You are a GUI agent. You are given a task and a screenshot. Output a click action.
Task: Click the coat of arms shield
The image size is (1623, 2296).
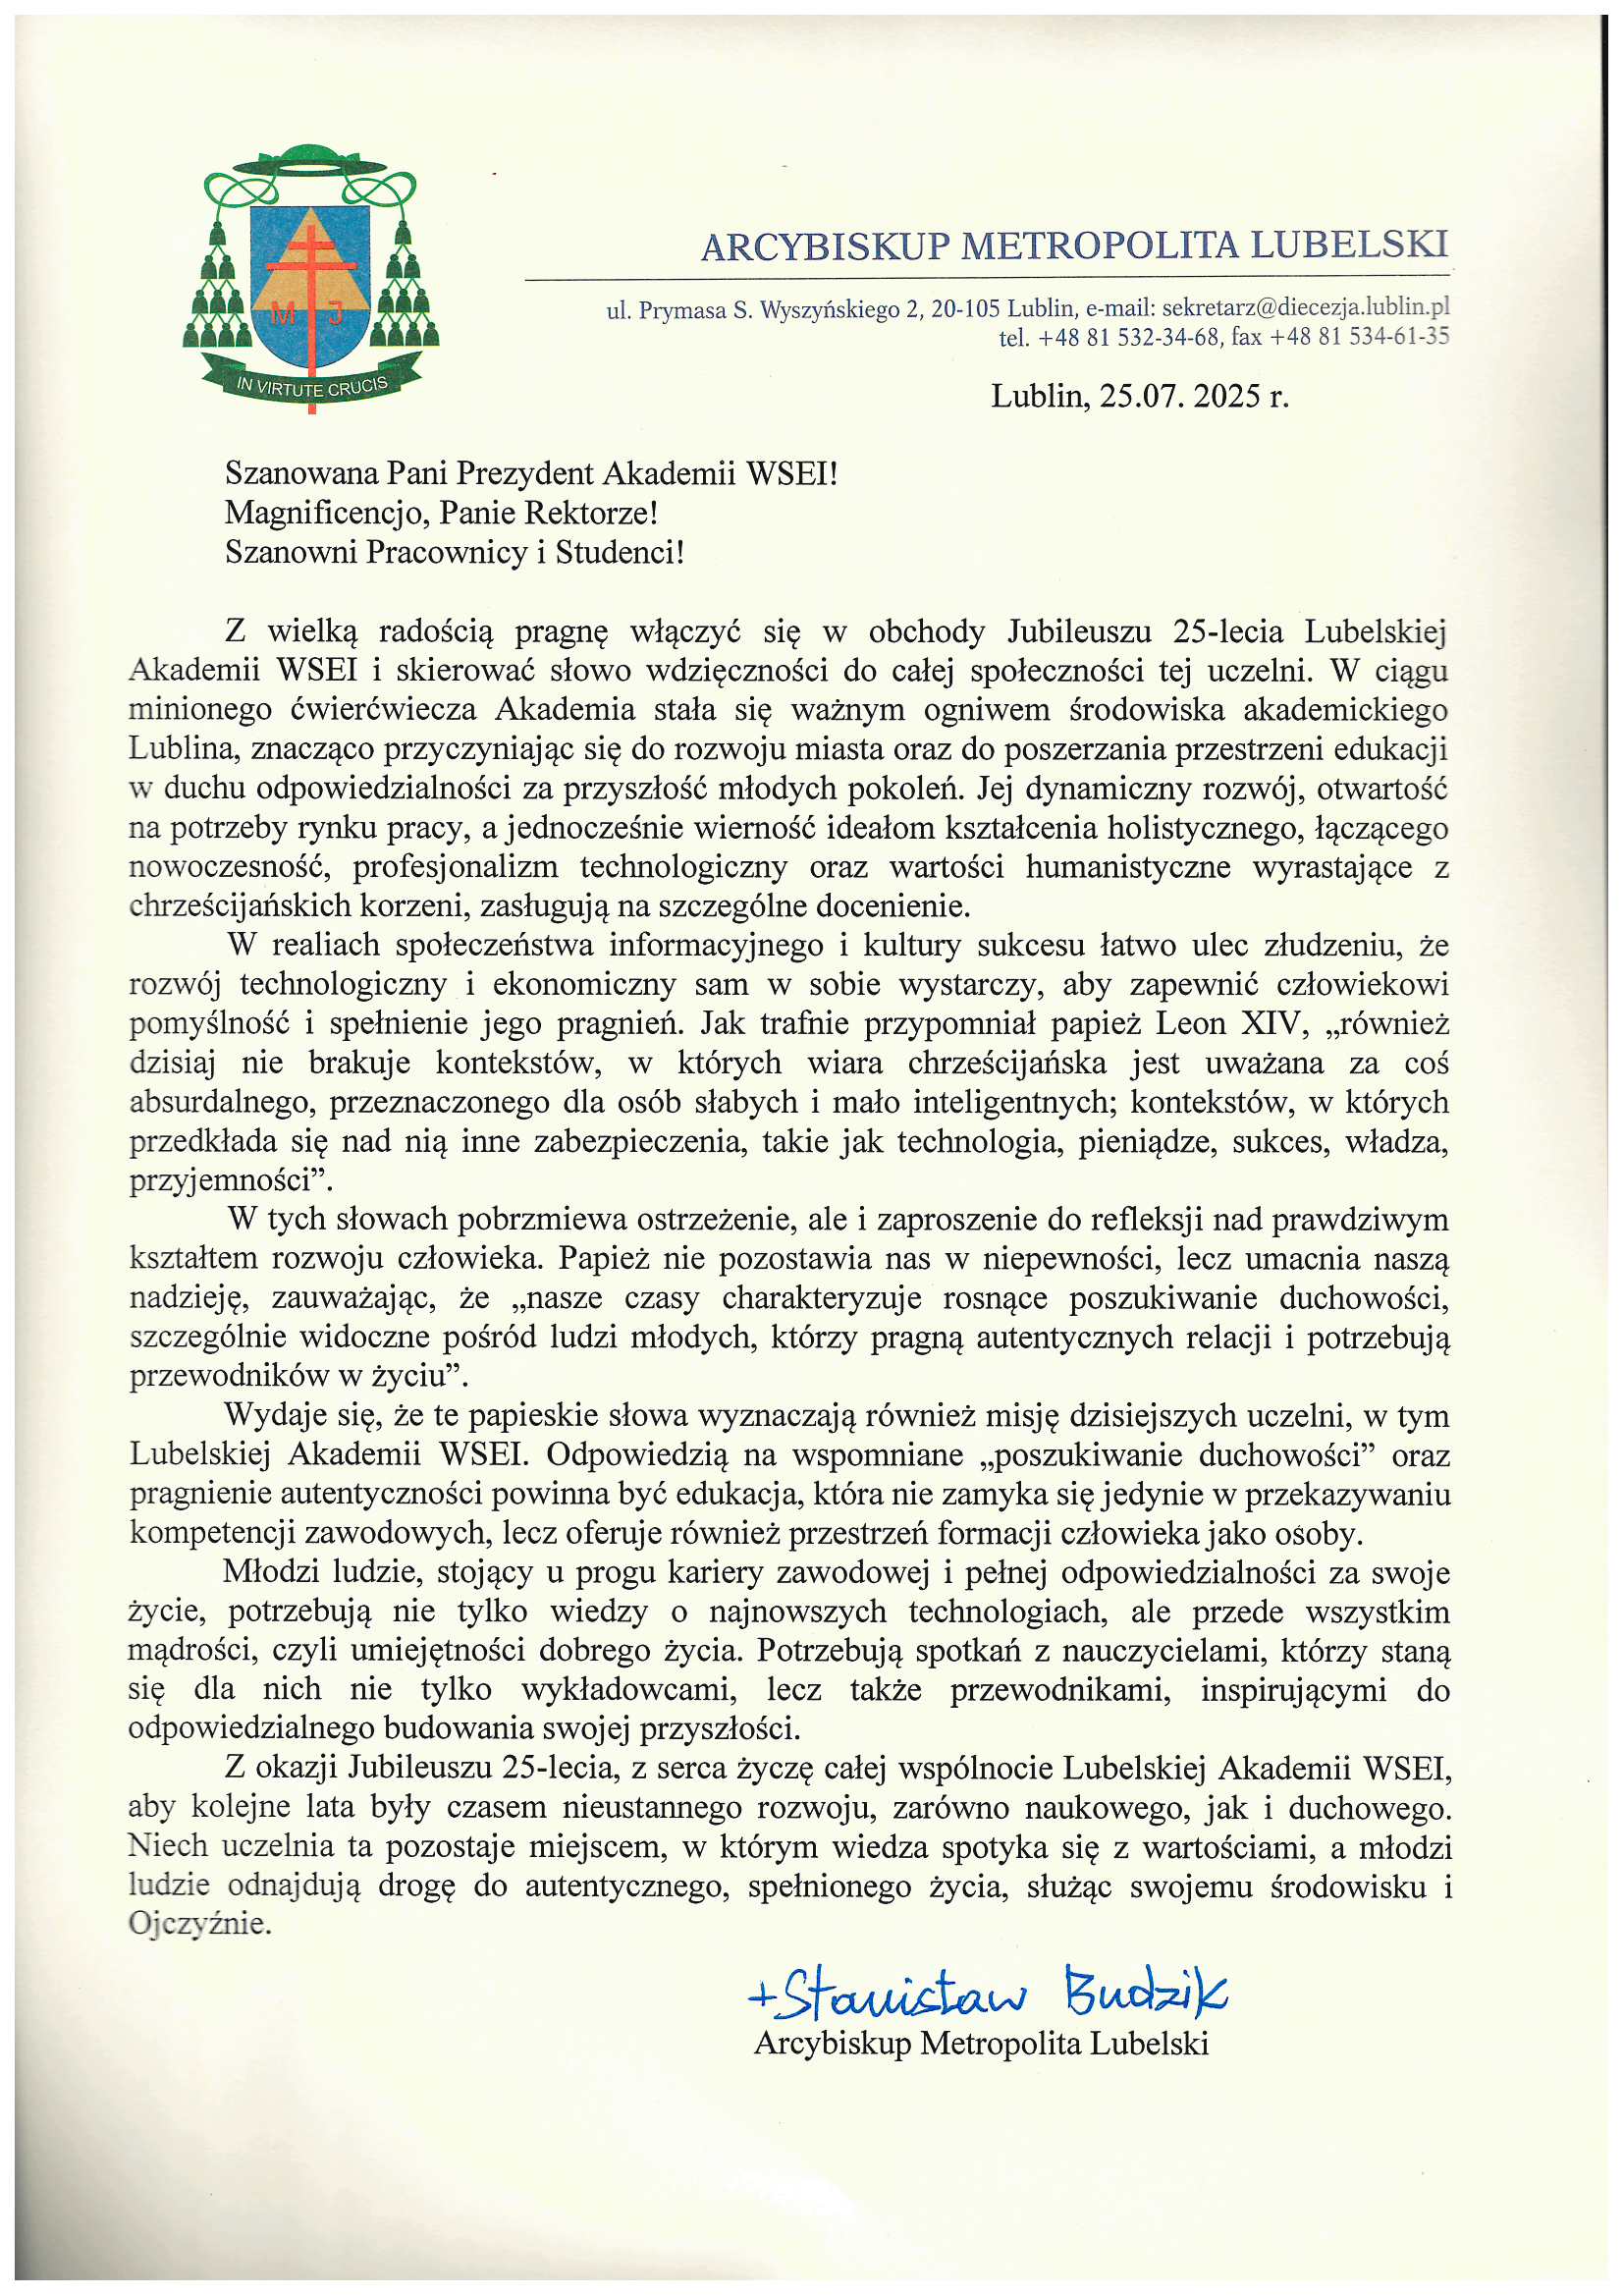click(x=309, y=285)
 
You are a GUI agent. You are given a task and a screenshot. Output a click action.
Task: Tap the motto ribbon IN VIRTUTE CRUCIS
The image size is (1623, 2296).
click(x=311, y=384)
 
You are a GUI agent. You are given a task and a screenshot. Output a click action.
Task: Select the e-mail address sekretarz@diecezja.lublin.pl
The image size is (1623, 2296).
click(x=1305, y=308)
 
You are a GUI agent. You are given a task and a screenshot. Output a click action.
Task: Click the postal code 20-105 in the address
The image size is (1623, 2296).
click(x=966, y=309)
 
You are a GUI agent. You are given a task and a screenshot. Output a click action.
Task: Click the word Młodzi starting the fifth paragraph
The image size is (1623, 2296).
click(x=273, y=1572)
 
